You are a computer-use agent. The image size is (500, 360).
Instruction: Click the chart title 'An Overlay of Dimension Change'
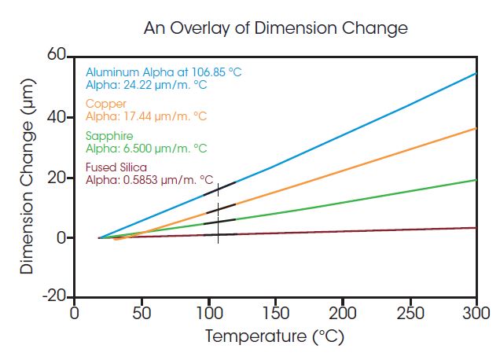(275, 28)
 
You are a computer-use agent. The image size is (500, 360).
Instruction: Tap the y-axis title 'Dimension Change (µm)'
(28, 176)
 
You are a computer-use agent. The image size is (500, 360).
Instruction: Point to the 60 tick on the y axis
(56, 56)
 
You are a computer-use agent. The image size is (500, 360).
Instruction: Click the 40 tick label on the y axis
(56, 117)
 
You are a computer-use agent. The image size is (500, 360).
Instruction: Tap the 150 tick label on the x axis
(275, 313)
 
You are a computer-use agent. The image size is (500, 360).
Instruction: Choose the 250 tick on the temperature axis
(410, 313)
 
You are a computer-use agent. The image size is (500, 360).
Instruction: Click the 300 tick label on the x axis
(476, 313)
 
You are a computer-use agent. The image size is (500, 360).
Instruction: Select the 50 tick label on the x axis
(141, 313)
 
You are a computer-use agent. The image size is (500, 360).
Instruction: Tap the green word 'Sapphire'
(106, 136)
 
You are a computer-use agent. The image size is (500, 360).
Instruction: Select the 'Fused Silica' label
(116, 167)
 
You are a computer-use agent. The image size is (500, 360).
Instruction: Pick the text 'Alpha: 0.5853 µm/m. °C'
(149, 180)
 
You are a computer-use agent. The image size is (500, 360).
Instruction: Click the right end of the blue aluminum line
(476, 74)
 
